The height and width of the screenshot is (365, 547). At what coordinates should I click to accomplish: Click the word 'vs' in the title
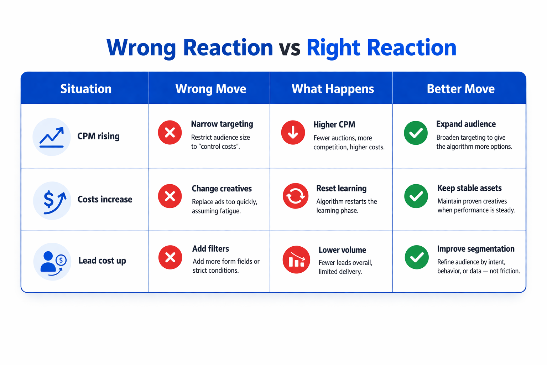[x=290, y=48]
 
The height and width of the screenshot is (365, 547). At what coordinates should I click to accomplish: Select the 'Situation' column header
[x=86, y=89]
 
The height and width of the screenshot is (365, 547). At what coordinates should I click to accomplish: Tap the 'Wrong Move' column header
[x=210, y=89]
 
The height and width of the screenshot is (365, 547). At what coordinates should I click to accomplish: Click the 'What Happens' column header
[x=333, y=89]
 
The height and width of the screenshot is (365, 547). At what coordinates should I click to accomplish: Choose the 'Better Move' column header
[x=460, y=89]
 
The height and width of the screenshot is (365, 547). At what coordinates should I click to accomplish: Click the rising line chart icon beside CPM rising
[x=52, y=137]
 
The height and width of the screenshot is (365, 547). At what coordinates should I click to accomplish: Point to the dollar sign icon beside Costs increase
[x=52, y=201]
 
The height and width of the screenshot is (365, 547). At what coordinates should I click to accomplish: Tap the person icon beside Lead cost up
[x=52, y=262]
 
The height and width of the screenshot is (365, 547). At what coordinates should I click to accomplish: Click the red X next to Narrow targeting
[x=170, y=133]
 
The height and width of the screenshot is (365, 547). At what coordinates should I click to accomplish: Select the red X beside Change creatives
[x=170, y=196]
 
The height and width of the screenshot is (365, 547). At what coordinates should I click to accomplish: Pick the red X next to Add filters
[x=170, y=257]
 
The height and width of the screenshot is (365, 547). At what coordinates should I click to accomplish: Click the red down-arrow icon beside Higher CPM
[x=293, y=133]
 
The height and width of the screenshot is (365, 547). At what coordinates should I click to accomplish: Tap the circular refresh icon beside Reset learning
[x=296, y=196]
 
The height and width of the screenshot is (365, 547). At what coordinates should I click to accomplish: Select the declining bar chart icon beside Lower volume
[x=296, y=259]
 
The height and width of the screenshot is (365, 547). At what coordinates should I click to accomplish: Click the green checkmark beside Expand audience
[x=416, y=133]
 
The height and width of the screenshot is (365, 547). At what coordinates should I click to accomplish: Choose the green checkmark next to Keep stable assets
[x=416, y=196]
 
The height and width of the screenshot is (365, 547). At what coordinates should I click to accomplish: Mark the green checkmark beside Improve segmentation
[x=417, y=257]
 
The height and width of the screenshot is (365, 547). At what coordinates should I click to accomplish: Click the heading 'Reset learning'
[x=341, y=188]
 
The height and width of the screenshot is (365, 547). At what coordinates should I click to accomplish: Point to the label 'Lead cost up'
[x=102, y=261]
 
